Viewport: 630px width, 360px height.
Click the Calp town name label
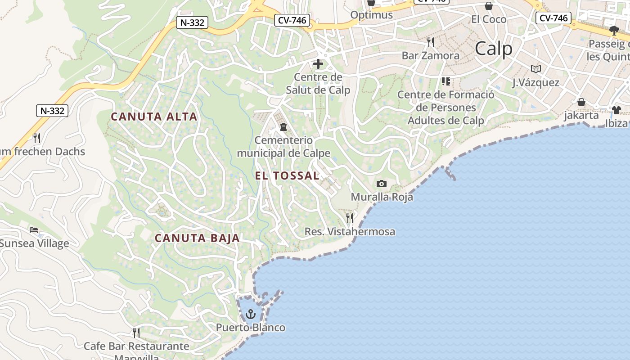point(494,49)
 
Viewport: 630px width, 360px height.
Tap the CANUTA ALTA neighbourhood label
point(154,117)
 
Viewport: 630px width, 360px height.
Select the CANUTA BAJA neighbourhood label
point(197,238)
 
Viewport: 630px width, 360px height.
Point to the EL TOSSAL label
point(287,176)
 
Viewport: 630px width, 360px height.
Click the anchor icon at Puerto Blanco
point(250,314)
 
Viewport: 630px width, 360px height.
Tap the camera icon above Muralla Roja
point(381,184)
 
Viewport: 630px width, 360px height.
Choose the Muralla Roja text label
point(382,197)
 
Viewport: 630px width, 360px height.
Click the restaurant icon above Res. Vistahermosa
point(350,218)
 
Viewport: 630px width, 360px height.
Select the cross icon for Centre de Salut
point(318,64)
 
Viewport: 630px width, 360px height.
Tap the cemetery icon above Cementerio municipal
point(283,127)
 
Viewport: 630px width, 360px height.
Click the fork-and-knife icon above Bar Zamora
point(431,42)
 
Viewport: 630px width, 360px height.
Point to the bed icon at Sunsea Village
point(34,230)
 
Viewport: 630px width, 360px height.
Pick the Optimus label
point(371,15)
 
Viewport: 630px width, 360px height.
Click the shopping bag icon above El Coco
point(488,6)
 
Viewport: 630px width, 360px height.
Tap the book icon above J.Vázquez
point(535,69)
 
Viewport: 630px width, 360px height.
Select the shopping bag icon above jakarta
point(581,102)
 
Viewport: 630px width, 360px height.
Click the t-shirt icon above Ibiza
point(616,110)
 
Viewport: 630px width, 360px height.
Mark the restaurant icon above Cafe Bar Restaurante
point(136,333)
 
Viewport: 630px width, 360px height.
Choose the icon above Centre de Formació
point(446,81)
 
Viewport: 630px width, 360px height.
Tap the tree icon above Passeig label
point(614,31)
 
